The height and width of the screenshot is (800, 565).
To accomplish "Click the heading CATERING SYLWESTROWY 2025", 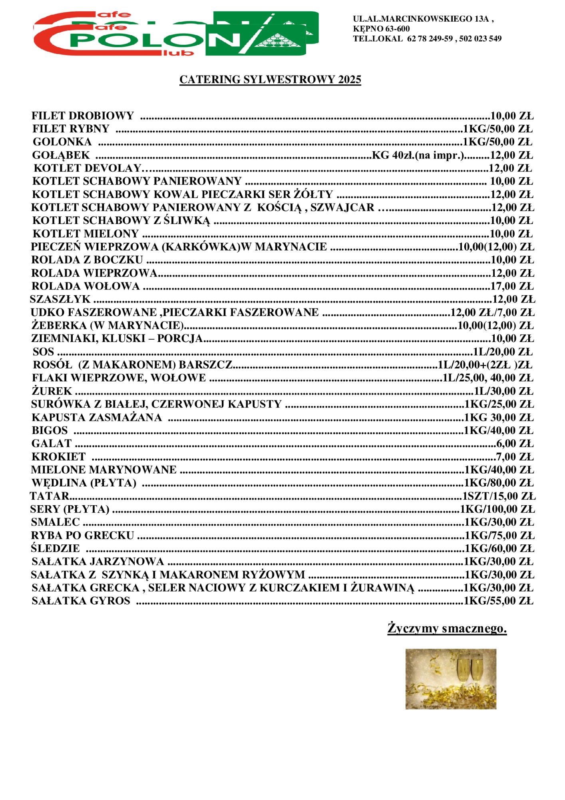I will tap(270, 80).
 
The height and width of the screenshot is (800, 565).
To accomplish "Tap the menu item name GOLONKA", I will tap(62, 142).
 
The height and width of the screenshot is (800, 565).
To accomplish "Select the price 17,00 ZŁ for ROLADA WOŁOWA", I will tap(512, 286).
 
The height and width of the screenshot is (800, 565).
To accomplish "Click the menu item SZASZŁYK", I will tap(60, 300).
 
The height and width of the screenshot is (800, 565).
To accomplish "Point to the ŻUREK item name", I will tap(52, 391).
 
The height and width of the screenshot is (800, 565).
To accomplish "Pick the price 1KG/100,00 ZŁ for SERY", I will tap(497, 510).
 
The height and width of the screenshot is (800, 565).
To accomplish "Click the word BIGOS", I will tap(50, 431).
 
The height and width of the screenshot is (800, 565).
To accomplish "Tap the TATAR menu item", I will tap(50, 496).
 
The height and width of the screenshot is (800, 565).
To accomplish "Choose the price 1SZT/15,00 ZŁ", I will tap(499, 496).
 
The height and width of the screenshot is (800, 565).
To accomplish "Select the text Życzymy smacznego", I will tap(447, 628).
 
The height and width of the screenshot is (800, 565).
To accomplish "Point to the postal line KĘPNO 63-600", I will tap(381, 29).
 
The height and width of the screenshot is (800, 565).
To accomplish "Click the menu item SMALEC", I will tap(56, 522).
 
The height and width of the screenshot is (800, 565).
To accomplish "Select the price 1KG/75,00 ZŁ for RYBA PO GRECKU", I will tap(499, 536).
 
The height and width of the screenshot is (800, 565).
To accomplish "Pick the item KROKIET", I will tap(59, 457).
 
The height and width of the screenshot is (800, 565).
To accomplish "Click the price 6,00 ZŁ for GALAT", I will tap(515, 444).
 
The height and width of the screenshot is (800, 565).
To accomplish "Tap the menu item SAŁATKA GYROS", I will tap(81, 601).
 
